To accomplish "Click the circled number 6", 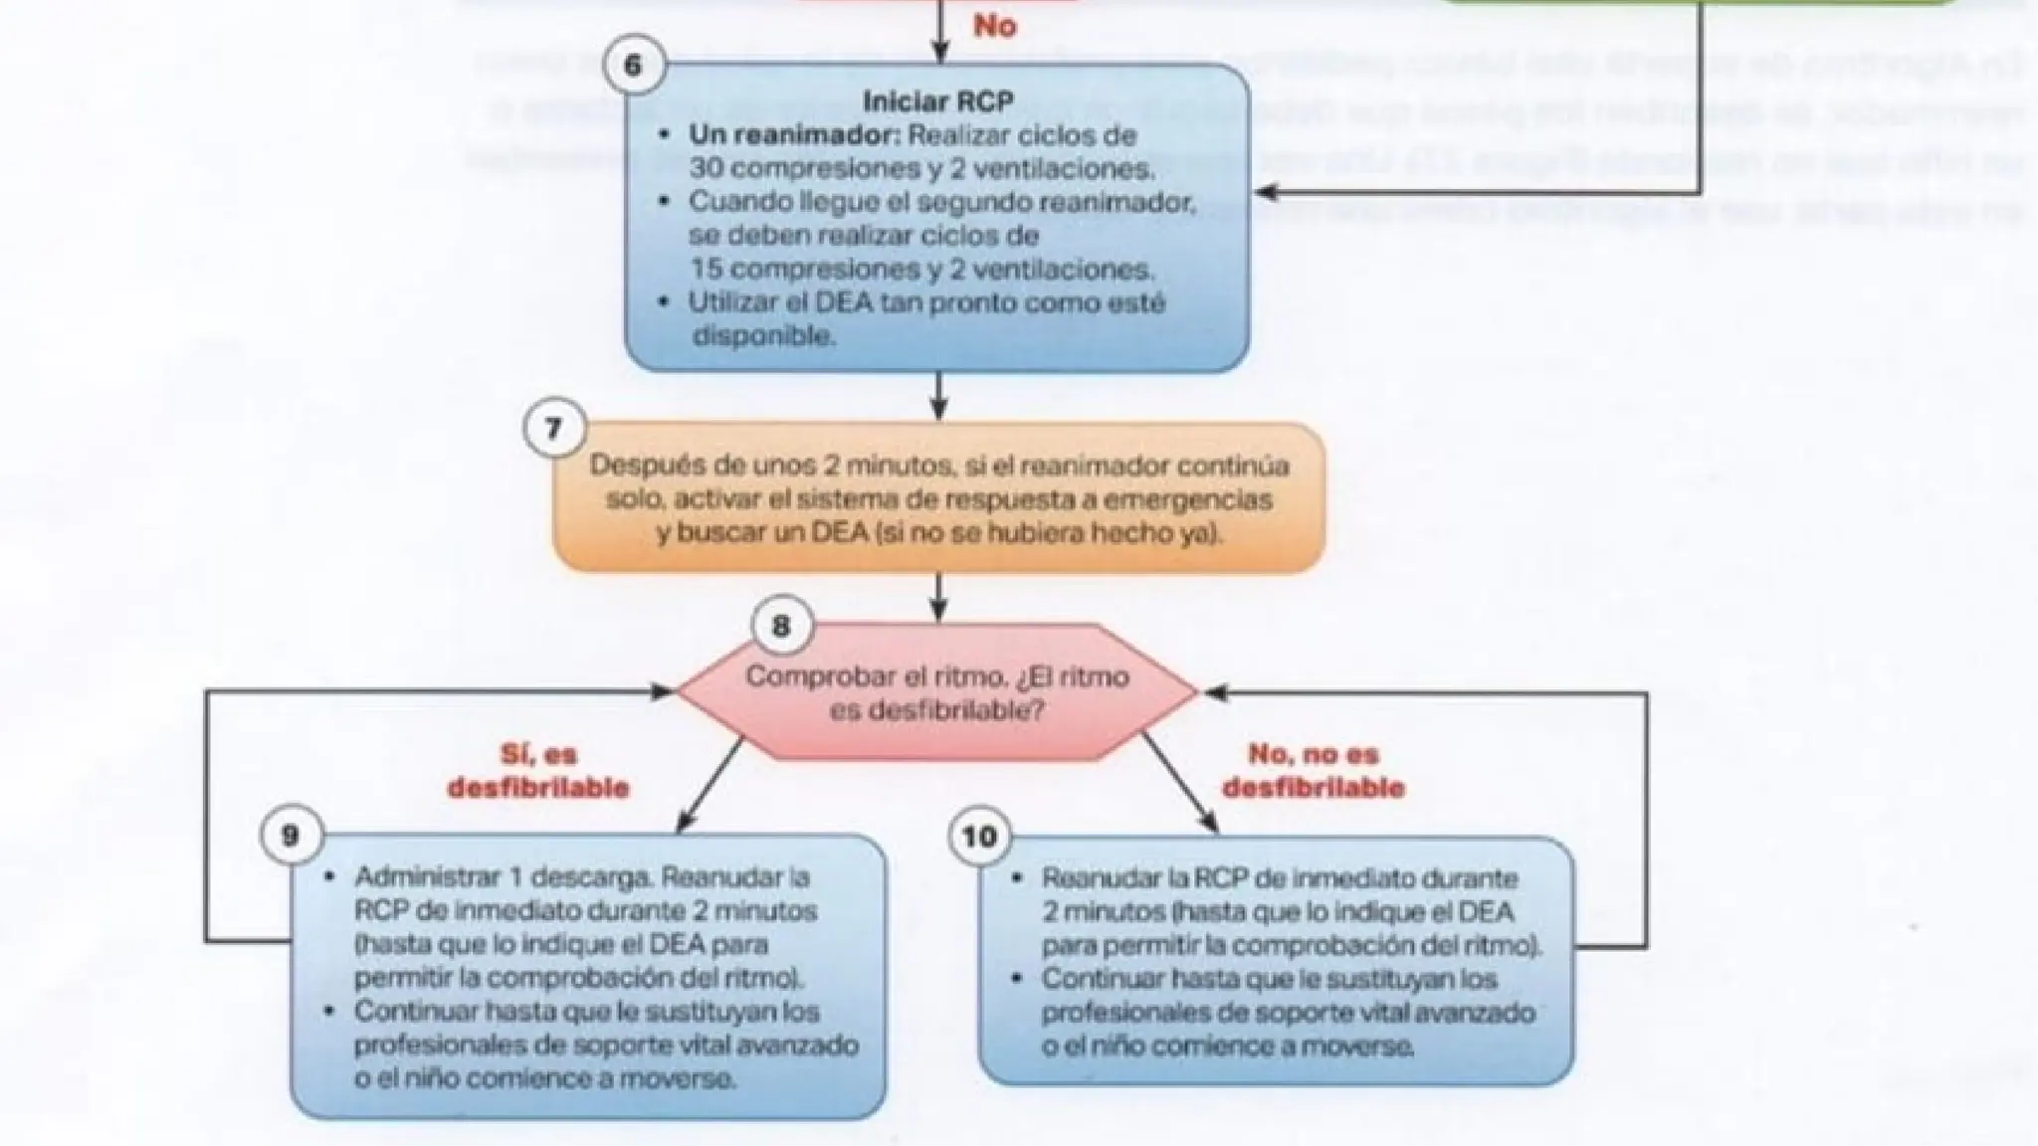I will pyautogui.click(x=634, y=67).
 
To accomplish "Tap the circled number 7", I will pyautogui.click(x=553, y=429).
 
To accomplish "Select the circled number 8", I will pyautogui.click(x=781, y=627).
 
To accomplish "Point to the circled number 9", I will pyautogui.click(x=291, y=835).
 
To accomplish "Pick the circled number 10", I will pyautogui.click(x=979, y=837).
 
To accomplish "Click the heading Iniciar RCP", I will pyautogui.click(x=937, y=100).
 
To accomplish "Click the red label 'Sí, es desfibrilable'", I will pyautogui.click(x=538, y=771).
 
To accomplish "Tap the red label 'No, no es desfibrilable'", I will pyautogui.click(x=1313, y=771).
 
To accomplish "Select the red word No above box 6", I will pyautogui.click(x=994, y=26).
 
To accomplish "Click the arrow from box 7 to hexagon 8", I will pyautogui.click(x=937, y=597).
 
